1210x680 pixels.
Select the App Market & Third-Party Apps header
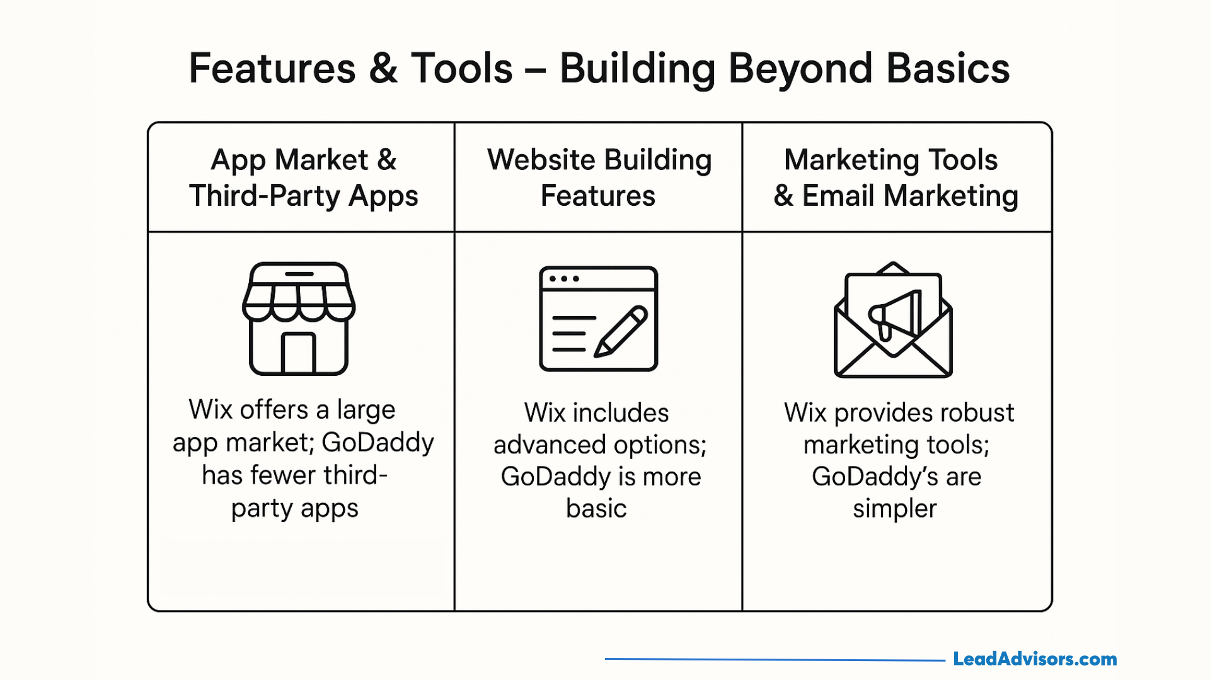coord(303,178)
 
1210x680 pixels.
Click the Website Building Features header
coord(599,178)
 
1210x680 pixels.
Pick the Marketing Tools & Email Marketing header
coord(895,178)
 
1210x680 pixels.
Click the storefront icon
coord(299,319)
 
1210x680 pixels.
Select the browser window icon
coord(598,319)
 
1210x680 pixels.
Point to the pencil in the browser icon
coord(621,331)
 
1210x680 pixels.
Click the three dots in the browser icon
coord(564,279)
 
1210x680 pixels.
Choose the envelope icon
coord(893,321)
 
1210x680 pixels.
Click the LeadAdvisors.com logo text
coord(1034,659)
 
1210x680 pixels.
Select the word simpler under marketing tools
coord(895,509)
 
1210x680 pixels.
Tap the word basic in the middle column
coord(596,509)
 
